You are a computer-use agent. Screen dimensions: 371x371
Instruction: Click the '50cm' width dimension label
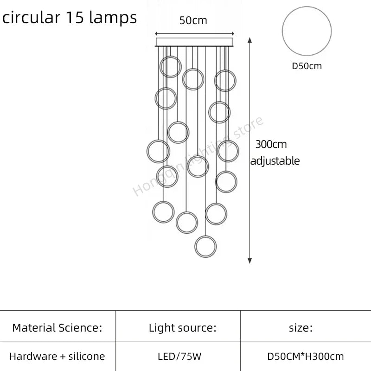(194, 20)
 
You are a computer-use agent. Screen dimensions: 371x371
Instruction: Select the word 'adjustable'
(275, 161)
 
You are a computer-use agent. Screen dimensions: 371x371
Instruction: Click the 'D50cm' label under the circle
(307, 66)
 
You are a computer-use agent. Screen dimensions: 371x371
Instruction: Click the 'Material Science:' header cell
(57, 328)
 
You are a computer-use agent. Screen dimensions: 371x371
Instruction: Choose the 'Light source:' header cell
(182, 328)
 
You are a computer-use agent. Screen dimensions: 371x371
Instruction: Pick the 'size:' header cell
(301, 328)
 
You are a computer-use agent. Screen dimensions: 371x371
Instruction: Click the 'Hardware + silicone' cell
(57, 357)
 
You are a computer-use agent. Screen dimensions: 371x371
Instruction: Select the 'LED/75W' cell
(182, 357)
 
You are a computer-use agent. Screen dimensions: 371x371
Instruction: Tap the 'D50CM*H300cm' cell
(306, 357)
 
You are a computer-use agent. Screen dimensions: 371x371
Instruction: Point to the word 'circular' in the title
(31, 17)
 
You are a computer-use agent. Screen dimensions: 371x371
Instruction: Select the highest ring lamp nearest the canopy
(170, 67)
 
